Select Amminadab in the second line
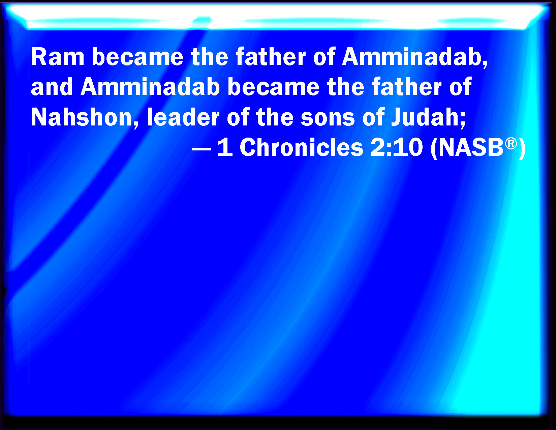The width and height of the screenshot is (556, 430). click(150, 87)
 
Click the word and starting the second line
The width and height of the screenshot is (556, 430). click(52, 87)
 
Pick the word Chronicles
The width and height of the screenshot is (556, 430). click(301, 148)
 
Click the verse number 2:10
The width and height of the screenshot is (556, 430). click(396, 148)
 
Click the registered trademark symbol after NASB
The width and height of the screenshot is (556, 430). click(511, 143)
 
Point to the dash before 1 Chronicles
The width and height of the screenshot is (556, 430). click(201, 148)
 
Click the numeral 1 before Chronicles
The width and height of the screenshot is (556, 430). click(225, 148)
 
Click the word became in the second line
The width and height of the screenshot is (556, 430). click(273, 87)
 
